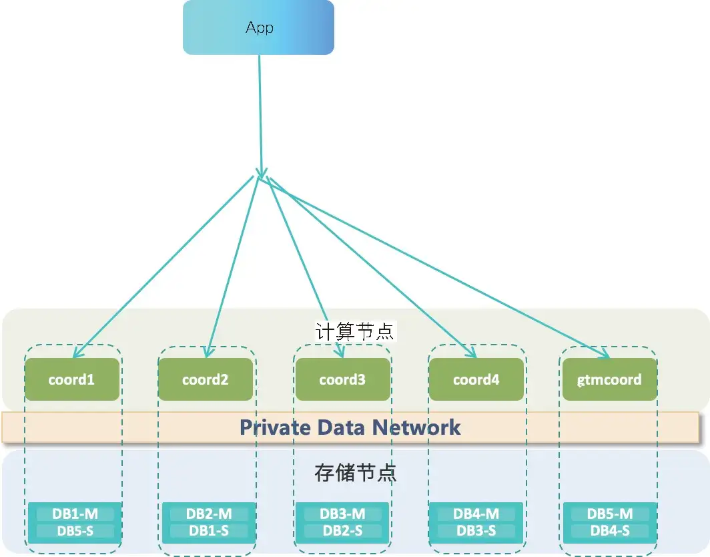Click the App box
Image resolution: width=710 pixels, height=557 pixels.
(x=258, y=27)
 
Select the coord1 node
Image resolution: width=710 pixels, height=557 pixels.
(x=72, y=379)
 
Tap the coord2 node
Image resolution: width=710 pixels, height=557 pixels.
(x=206, y=379)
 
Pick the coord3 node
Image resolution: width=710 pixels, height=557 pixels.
(x=342, y=379)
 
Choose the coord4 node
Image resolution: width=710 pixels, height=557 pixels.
(x=476, y=379)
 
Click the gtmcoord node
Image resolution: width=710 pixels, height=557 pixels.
(x=610, y=379)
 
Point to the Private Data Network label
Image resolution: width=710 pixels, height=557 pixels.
(x=350, y=427)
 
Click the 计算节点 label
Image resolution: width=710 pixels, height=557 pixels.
(x=355, y=331)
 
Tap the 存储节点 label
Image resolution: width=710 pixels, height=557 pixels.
(x=355, y=473)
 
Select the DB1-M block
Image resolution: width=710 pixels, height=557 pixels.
(x=75, y=514)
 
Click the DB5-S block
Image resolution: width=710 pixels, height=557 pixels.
(x=75, y=531)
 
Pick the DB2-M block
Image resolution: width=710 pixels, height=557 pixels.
(x=209, y=514)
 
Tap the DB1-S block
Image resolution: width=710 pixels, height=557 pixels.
(x=209, y=531)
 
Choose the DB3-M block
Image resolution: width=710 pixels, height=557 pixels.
(x=342, y=514)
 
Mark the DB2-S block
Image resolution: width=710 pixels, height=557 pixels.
(x=342, y=531)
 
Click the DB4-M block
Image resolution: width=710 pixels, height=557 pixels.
(x=476, y=514)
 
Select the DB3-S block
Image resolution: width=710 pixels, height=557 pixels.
(x=476, y=531)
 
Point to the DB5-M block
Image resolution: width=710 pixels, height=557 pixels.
(x=610, y=514)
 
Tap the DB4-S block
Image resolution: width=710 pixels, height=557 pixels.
(x=610, y=531)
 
